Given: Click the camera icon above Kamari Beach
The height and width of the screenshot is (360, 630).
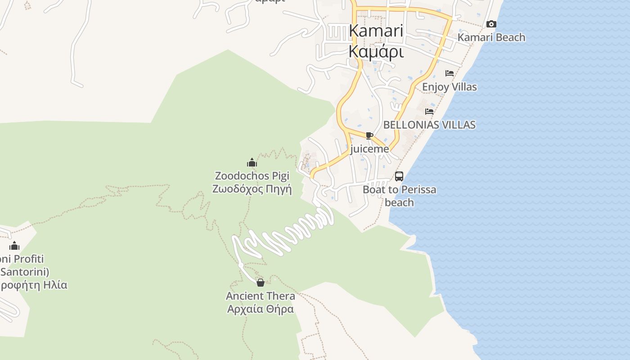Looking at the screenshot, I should click(491, 24).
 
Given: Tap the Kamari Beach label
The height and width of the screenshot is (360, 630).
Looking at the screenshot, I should click(491, 37).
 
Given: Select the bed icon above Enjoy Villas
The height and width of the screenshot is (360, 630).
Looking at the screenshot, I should click(450, 73).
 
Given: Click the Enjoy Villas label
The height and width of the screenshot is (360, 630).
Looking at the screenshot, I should click(450, 87).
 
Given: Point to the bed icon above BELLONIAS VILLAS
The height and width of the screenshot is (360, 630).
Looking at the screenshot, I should click(429, 111).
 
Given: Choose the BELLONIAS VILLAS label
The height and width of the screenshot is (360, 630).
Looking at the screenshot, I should click(429, 125).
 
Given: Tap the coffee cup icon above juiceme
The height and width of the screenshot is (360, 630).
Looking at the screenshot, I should click(369, 136).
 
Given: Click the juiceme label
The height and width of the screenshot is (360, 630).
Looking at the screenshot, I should click(369, 149).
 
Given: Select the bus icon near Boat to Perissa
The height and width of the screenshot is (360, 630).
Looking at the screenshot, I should click(399, 176).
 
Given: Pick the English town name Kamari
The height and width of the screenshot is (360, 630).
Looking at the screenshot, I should click(376, 31).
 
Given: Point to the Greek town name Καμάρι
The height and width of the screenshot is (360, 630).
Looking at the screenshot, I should click(376, 52).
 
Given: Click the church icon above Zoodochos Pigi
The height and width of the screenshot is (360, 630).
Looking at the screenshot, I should click(252, 162).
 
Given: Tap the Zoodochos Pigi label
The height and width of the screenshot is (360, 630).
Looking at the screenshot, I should click(252, 175).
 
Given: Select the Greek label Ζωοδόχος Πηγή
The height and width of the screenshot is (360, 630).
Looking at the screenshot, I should click(252, 189).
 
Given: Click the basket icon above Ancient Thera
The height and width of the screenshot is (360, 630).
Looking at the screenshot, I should click(261, 283).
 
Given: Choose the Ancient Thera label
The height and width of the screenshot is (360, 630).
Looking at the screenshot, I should click(261, 296).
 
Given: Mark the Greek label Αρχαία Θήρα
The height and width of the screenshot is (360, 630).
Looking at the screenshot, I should click(261, 309).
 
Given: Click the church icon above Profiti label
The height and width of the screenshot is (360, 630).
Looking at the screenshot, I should click(14, 246).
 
